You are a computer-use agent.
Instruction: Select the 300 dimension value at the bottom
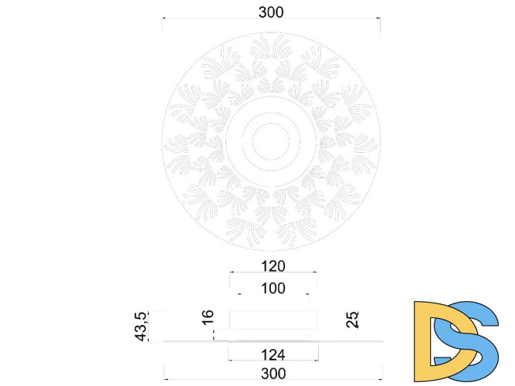[273, 373]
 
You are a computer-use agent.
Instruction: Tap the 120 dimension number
[273, 266]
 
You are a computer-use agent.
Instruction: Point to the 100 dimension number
[273, 289]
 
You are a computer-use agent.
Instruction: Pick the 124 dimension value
[273, 355]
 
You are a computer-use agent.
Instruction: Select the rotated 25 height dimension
[352, 318]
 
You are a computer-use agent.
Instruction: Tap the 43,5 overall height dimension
[142, 325]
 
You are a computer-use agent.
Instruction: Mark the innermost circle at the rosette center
[270, 139]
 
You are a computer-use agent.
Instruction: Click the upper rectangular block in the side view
[273, 320]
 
